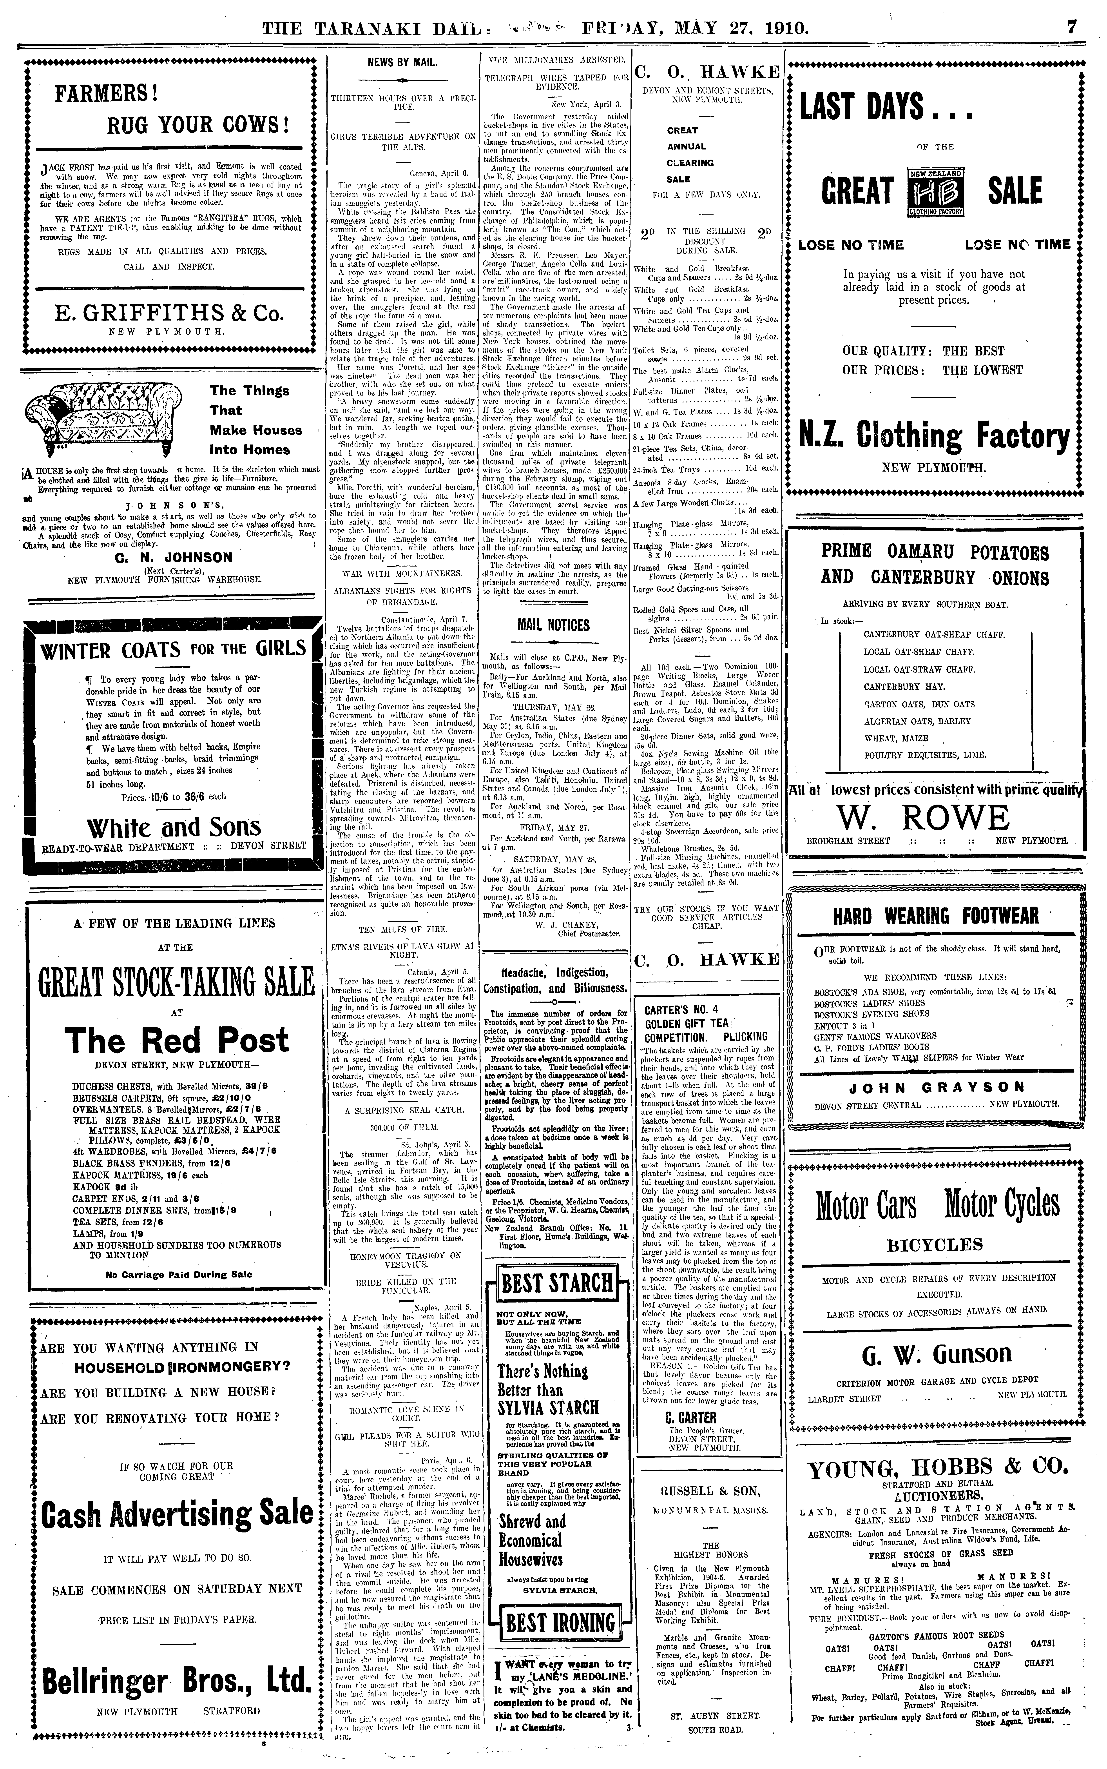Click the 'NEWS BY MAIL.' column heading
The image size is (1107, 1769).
point(403,63)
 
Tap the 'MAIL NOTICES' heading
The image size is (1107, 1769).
point(554,625)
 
